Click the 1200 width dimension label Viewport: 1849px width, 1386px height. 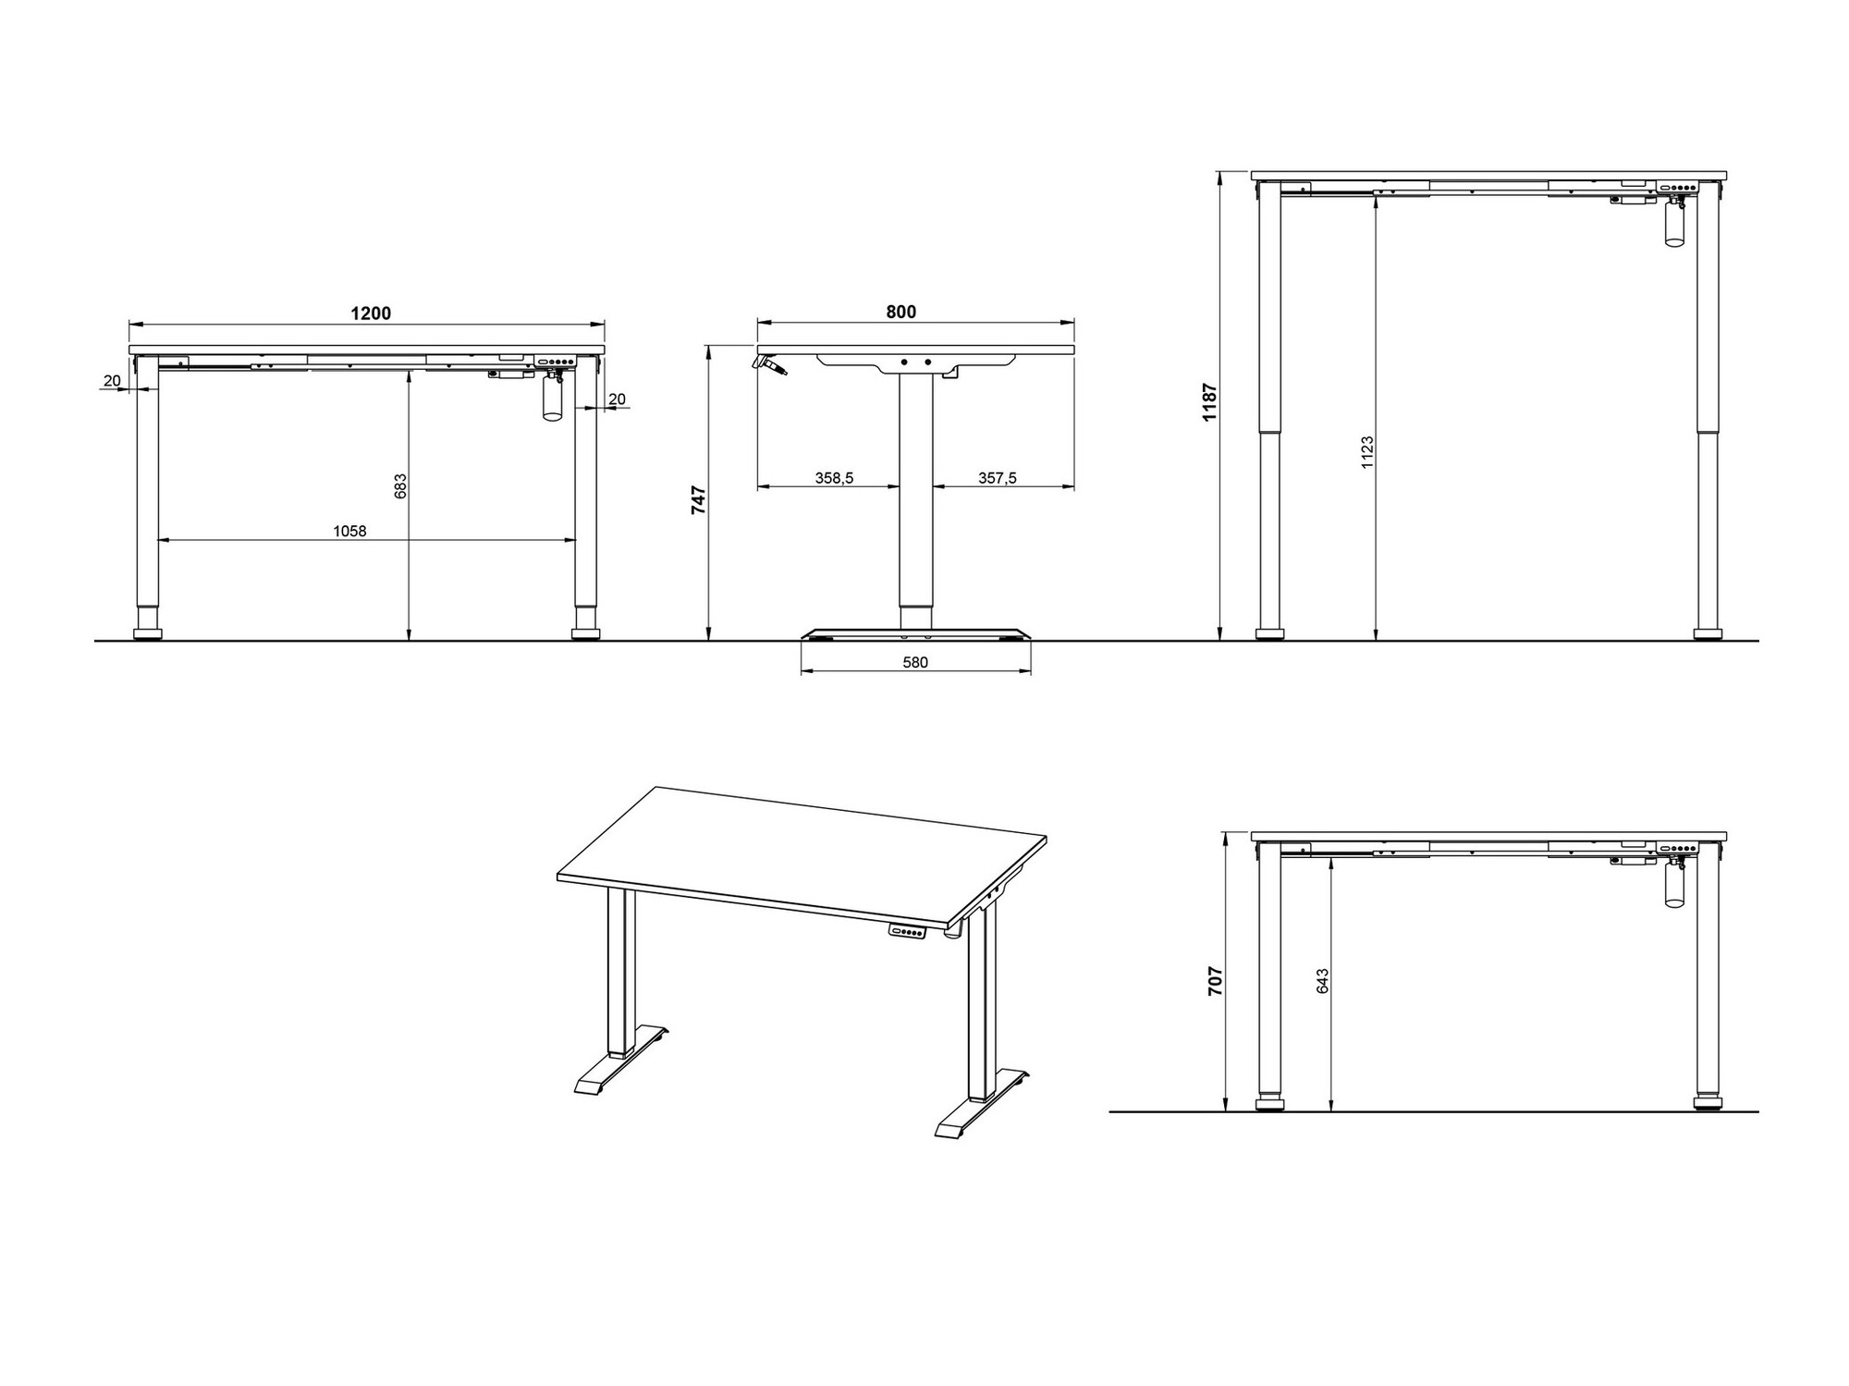(371, 313)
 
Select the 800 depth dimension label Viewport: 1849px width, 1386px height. (901, 313)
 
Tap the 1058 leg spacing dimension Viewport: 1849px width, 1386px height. (350, 532)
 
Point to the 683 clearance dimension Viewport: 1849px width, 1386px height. (400, 486)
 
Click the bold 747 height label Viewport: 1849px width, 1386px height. (700, 500)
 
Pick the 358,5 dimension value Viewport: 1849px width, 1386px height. (834, 478)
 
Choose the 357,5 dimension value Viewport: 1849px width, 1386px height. (998, 478)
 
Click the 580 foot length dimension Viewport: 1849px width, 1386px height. (915, 662)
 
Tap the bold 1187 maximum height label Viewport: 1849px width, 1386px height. (1211, 403)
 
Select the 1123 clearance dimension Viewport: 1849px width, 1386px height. (1367, 452)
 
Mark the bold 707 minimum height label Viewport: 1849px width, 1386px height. (1216, 981)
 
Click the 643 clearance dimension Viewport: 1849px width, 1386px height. (1323, 981)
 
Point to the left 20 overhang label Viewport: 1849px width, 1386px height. (112, 381)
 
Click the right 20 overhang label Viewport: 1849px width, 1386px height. (617, 399)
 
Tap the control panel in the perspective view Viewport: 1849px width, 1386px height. (908, 931)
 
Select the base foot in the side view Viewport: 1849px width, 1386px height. (915, 635)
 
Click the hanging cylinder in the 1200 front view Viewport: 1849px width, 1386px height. (552, 400)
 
